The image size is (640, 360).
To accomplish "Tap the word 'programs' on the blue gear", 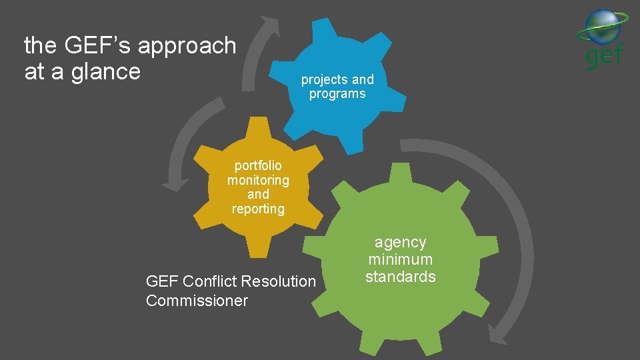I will point(337,94).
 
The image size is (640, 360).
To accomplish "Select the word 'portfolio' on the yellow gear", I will point(258,165).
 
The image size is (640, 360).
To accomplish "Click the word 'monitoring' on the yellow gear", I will point(258,180).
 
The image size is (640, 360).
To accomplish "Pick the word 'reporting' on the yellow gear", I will point(258,209).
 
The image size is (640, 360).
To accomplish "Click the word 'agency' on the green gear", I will point(400,243).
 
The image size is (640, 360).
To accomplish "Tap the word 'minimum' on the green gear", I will point(400,259).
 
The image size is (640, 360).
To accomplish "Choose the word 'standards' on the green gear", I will point(400,277).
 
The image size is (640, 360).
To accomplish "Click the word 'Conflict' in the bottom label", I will point(211,281).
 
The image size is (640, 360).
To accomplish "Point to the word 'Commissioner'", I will point(197,301).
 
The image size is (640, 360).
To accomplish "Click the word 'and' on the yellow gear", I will point(258,195).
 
